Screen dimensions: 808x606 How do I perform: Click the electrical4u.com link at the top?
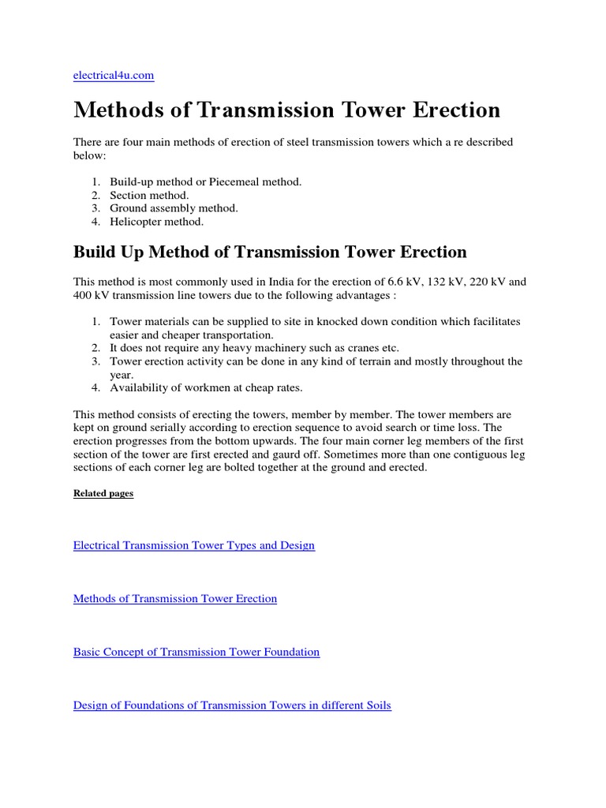pos(114,76)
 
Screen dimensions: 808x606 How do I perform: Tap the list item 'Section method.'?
pos(149,195)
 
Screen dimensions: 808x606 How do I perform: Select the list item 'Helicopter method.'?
pos(158,222)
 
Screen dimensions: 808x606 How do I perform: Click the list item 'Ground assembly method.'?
pos(174,208)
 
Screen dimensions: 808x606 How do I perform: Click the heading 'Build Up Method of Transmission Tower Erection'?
pos(270,252)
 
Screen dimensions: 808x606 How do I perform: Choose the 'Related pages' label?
pos(103,493)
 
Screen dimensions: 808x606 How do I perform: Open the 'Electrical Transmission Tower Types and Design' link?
pos(194,545)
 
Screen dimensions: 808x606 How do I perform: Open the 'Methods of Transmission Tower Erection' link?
pos(175,599)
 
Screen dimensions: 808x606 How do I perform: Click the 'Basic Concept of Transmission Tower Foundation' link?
pos(196,653)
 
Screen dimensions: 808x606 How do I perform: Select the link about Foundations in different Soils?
pos(232,705)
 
